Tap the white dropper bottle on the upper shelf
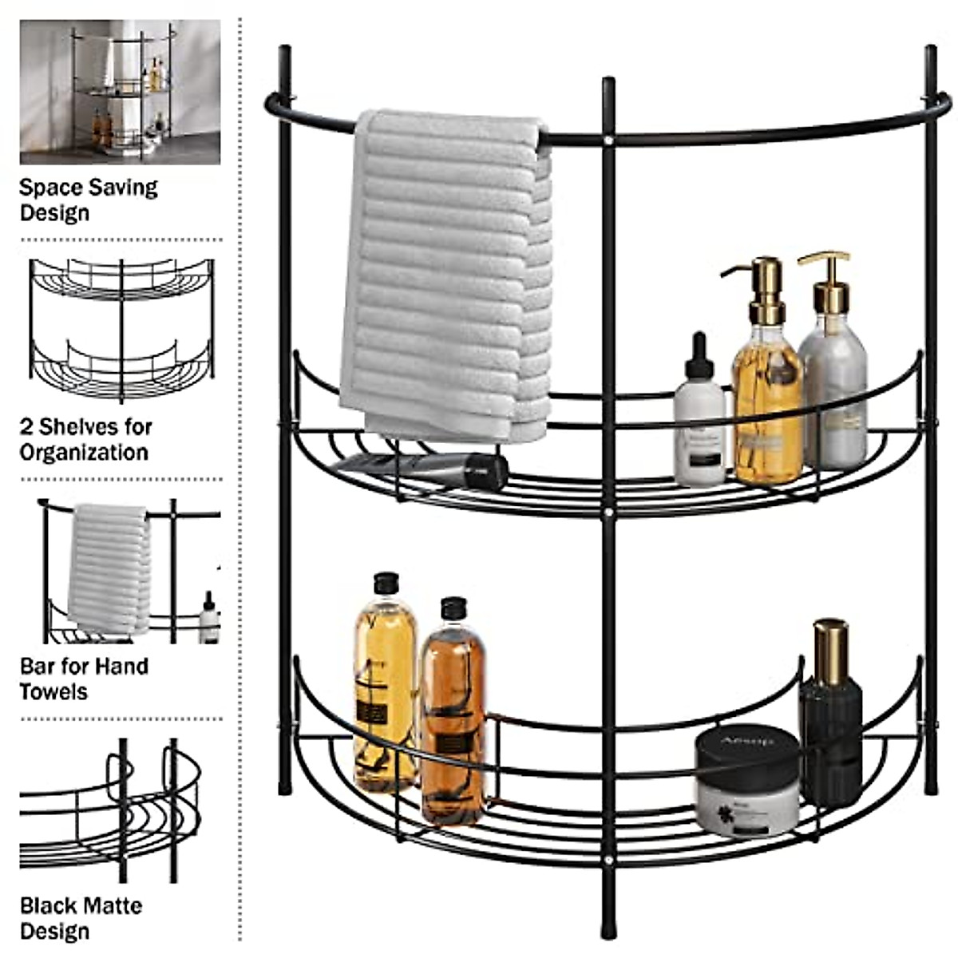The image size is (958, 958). point(699,431)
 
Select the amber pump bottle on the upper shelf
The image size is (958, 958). point(767,399)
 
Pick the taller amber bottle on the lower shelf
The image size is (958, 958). point(385,687)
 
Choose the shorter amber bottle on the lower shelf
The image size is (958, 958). point(453,718)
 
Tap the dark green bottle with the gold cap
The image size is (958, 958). point(830,718)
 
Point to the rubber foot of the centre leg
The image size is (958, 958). point(609,926)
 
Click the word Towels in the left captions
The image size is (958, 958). point(53,691)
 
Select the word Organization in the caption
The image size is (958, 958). point(84,453)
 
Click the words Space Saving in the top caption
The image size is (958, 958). point(88,188)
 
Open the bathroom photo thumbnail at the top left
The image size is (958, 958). point(120,92)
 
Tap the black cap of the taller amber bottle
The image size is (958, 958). point(386,583)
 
